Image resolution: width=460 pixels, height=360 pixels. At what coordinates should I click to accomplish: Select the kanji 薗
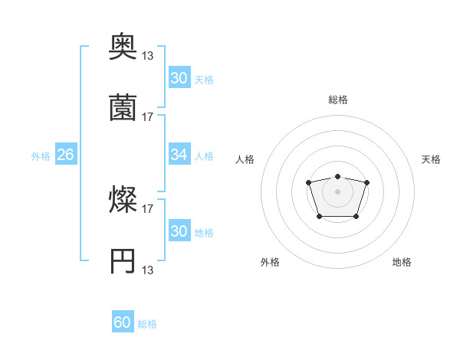point(123,108)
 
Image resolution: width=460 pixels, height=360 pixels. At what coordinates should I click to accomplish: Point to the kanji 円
point(123,261)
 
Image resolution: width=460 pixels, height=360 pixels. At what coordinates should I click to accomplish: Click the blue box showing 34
point(179,155)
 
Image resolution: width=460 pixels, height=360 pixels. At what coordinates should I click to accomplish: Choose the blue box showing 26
point(65,155)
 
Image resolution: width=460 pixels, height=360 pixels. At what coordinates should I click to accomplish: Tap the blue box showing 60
point(123,322)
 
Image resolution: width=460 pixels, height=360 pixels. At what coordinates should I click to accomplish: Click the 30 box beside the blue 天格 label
point(179,77)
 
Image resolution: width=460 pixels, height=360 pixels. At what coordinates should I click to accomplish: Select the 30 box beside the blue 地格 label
point(179,231)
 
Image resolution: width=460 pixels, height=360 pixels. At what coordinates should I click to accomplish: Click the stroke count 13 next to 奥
point(148,56)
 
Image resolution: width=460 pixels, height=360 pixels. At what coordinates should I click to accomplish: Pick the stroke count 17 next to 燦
point(148,208)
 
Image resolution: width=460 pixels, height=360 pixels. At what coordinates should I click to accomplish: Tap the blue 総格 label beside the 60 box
point(147,324)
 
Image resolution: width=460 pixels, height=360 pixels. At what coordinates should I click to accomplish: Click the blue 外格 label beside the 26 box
point(41,156)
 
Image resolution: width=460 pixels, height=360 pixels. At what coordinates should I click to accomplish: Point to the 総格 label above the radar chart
point(337,100)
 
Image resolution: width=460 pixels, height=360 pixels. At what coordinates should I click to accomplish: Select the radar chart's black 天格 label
point(431,159)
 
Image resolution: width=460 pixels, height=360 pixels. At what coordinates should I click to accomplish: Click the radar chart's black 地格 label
point(402,262)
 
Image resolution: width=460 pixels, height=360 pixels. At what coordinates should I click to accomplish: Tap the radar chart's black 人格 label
point(245,159)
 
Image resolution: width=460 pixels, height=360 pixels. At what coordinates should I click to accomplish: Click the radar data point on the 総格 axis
point(337,177)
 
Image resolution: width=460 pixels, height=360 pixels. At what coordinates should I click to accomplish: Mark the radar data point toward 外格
point(319,217)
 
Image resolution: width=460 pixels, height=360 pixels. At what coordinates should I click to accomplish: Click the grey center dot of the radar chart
point(337,191)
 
